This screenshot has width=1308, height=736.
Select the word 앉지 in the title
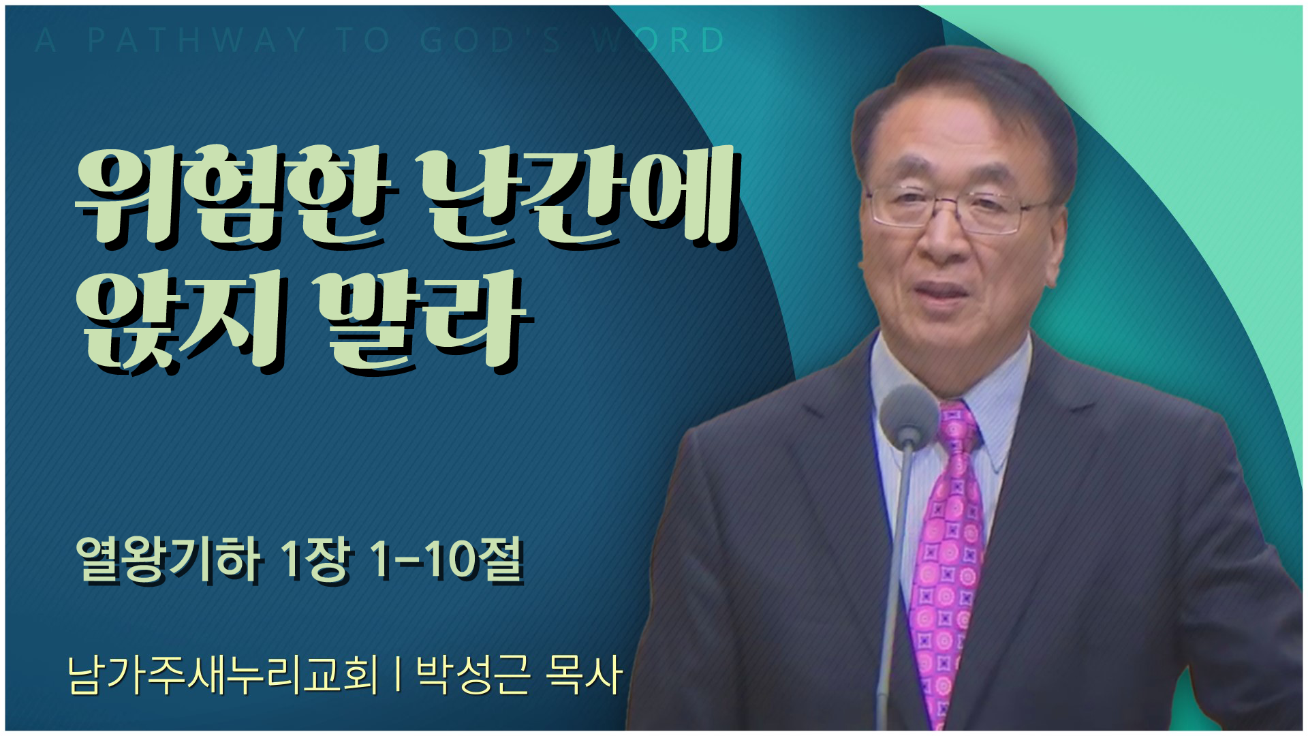point(181,320)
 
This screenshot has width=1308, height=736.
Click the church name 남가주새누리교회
point(223,675)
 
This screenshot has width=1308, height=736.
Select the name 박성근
point(473,675)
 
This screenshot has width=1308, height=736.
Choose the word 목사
point(585,675)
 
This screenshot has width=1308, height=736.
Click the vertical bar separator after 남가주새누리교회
point(397,675)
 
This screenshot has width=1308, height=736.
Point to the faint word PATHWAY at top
point(197,40)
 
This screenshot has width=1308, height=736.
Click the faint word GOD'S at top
point(490,40)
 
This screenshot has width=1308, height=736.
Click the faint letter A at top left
point(45,40)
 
